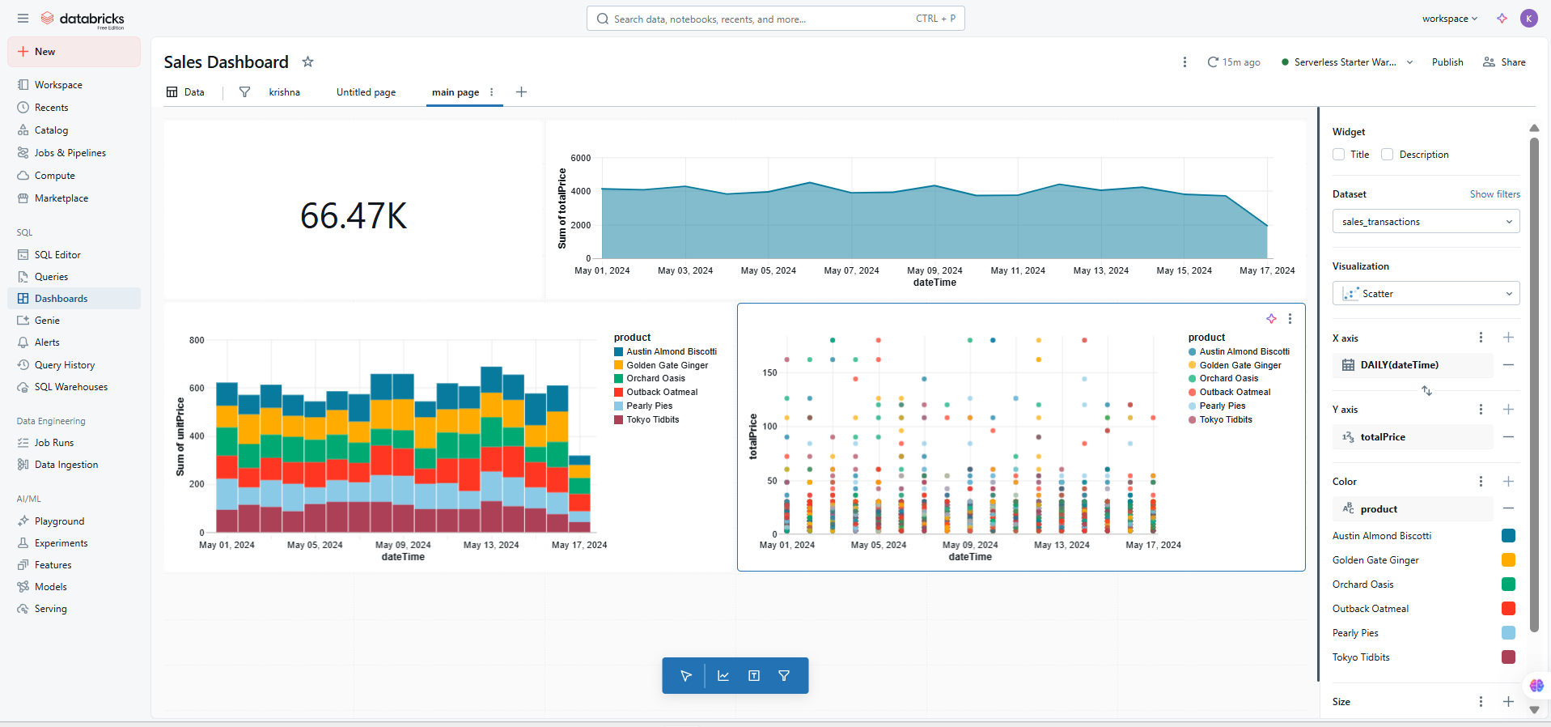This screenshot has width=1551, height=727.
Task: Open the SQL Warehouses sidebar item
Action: point(70,387)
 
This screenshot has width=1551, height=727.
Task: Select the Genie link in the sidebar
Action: point(47,321)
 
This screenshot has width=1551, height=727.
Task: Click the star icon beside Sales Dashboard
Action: point(307,62)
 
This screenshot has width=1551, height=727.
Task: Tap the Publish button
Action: point(1447,62)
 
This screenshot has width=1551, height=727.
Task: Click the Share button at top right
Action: point(1504,62)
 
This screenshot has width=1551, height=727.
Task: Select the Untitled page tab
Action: point(366,92)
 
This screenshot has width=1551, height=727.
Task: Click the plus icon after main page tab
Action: point(521,92)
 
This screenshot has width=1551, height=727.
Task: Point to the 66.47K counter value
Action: point(354,216)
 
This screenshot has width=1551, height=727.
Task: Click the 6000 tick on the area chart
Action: point(580,158)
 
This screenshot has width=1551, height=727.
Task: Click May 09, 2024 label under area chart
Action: point(934,270)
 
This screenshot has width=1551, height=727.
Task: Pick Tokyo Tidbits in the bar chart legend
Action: point(652,419)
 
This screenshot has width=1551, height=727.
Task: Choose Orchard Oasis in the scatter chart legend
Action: point(1228,378)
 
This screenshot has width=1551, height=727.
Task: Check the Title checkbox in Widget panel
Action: point(1338,155)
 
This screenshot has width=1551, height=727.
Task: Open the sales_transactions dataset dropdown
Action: point(1425,222)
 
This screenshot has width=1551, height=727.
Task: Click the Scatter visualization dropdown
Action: point(1425,294)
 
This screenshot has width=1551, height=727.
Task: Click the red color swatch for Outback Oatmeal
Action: point(1508,609)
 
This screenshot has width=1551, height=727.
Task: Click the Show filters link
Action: point(1494,194)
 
